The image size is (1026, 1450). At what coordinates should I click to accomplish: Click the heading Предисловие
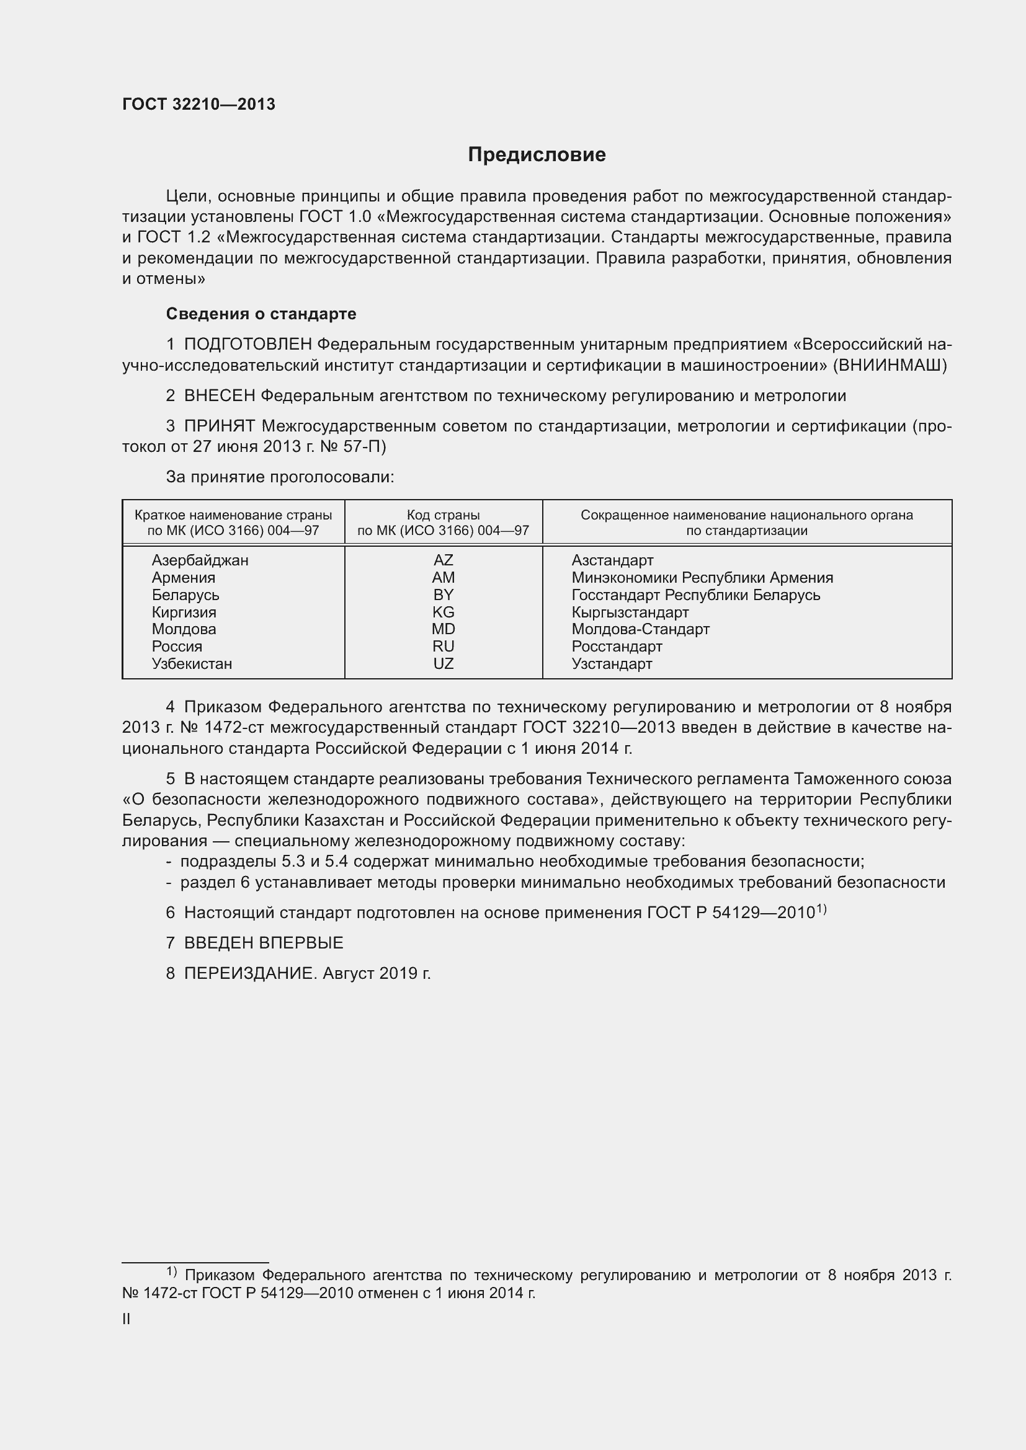[x=537, y=155]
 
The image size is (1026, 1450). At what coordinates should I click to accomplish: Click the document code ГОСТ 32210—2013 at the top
[x=199, y=105]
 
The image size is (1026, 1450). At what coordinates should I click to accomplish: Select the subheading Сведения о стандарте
[x=261, y=314]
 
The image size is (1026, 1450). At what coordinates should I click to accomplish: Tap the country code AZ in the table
[x=443, y=560]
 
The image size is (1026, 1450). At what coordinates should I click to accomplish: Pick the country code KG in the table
[x=443, y=612]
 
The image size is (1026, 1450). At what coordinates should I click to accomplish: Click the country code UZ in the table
[x=443, y=664]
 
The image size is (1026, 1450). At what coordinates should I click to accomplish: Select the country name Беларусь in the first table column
[x=185, y=595]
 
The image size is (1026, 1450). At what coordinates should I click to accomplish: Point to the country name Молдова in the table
[x=184, y=629]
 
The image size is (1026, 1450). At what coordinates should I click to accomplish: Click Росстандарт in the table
[x=617, y=647]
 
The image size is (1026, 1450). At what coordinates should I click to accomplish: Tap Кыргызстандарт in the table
[x=630, y=612]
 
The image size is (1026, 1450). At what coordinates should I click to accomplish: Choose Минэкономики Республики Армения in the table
[x=702, y=578]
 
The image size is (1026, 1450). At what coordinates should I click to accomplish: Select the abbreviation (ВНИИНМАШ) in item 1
[x=890, y=366]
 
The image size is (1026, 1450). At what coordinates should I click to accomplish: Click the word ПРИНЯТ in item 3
[x=220, y=427]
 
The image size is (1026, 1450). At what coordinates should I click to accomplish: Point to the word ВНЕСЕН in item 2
[x=220, y=396]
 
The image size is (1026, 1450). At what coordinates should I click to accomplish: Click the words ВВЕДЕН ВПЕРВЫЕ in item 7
[x=264, y=943]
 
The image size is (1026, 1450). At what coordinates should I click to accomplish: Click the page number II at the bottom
[x=127, y=1319]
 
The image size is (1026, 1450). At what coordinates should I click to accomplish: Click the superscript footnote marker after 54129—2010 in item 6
[x=821, y=908]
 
